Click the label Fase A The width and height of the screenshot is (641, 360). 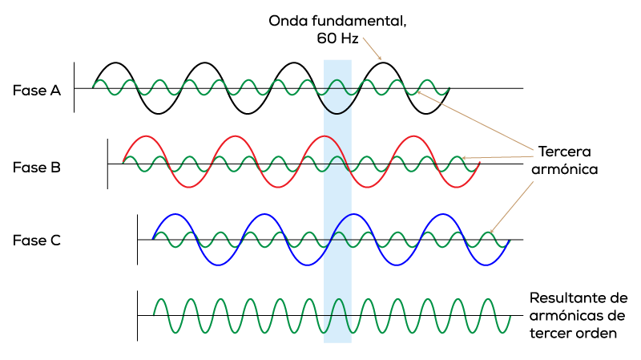click(37, 91)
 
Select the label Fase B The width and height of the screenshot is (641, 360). click(37, 168)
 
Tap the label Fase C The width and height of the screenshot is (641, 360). click(37, 241)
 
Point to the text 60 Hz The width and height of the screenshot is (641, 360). click(337, 38)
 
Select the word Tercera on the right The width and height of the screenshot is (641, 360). click(565, 152)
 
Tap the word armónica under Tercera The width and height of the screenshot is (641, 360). click(565, 169)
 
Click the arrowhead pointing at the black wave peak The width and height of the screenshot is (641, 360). click(380, 59)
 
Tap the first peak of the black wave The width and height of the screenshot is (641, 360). click(116, 63)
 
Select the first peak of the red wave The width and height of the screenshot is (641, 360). click(146, 136)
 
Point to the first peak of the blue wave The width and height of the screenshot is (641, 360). click(175, 214)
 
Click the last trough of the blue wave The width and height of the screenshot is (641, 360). click(486, 265)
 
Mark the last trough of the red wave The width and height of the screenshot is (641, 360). click(456, 187)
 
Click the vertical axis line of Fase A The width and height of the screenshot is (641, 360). click(74, 87)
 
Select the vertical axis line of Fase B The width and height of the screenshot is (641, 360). click(107, 164)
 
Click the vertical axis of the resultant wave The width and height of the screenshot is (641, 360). click(137, 315)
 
